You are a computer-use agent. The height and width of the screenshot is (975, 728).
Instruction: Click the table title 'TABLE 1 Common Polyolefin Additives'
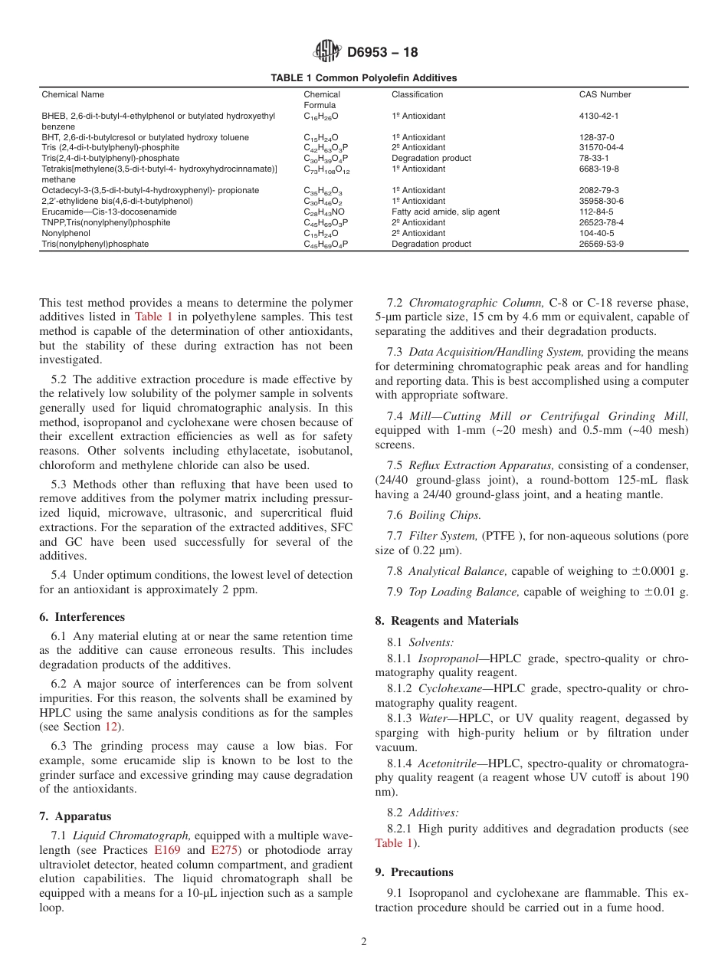point(363,78)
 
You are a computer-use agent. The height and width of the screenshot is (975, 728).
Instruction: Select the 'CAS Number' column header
point(605,95)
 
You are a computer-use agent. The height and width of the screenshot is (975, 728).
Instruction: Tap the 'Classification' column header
point(417,95)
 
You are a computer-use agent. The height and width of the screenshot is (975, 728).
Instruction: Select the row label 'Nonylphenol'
point(66,233)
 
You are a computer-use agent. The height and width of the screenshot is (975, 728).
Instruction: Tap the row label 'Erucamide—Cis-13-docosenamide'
point(109,212)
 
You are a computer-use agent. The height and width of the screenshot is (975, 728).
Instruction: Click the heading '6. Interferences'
point(81,617)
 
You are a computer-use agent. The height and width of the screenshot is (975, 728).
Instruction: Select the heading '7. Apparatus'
point(75,816)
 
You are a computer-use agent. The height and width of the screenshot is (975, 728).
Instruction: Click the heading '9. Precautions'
point(414,872)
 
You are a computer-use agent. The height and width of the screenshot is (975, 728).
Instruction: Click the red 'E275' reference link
point(224,850)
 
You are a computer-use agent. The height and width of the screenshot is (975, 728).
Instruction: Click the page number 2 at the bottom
point(364,942)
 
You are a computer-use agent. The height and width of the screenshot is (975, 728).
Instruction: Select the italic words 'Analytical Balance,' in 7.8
point(458,571)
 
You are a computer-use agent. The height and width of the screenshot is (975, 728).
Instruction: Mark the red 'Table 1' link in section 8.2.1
point(393,843)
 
